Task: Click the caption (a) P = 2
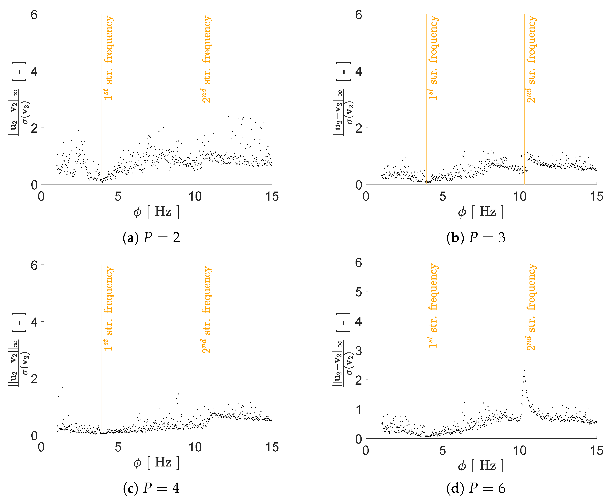click(x=151, y=238)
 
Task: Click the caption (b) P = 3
click(x=476, y=238)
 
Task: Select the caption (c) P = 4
click(x=151, y=488)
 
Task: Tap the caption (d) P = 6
click(x=476, y=488)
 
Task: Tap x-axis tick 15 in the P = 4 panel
click(x=272, y=447)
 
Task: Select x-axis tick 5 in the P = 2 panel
click(x=118, y=197)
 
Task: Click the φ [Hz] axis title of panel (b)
click(x=481, y=212)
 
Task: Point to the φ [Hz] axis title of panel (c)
click(x=156, y=462)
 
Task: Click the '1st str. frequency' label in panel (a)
click(x=108, y=58)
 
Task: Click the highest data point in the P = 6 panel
click(x=525, y=371)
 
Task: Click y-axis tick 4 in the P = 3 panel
click(x=359, y=71)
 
